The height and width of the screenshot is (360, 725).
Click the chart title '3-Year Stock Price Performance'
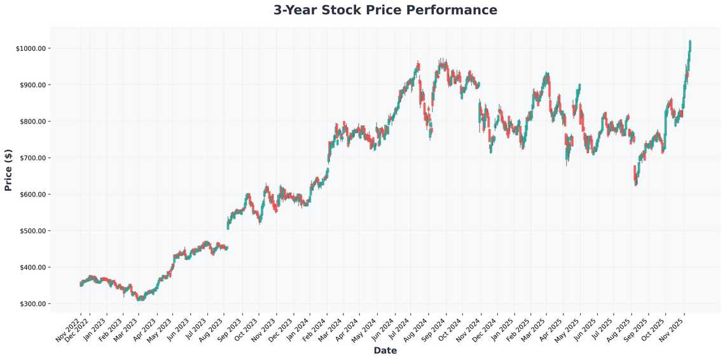pos(385,10)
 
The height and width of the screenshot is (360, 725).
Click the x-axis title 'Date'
pos(385,350)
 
